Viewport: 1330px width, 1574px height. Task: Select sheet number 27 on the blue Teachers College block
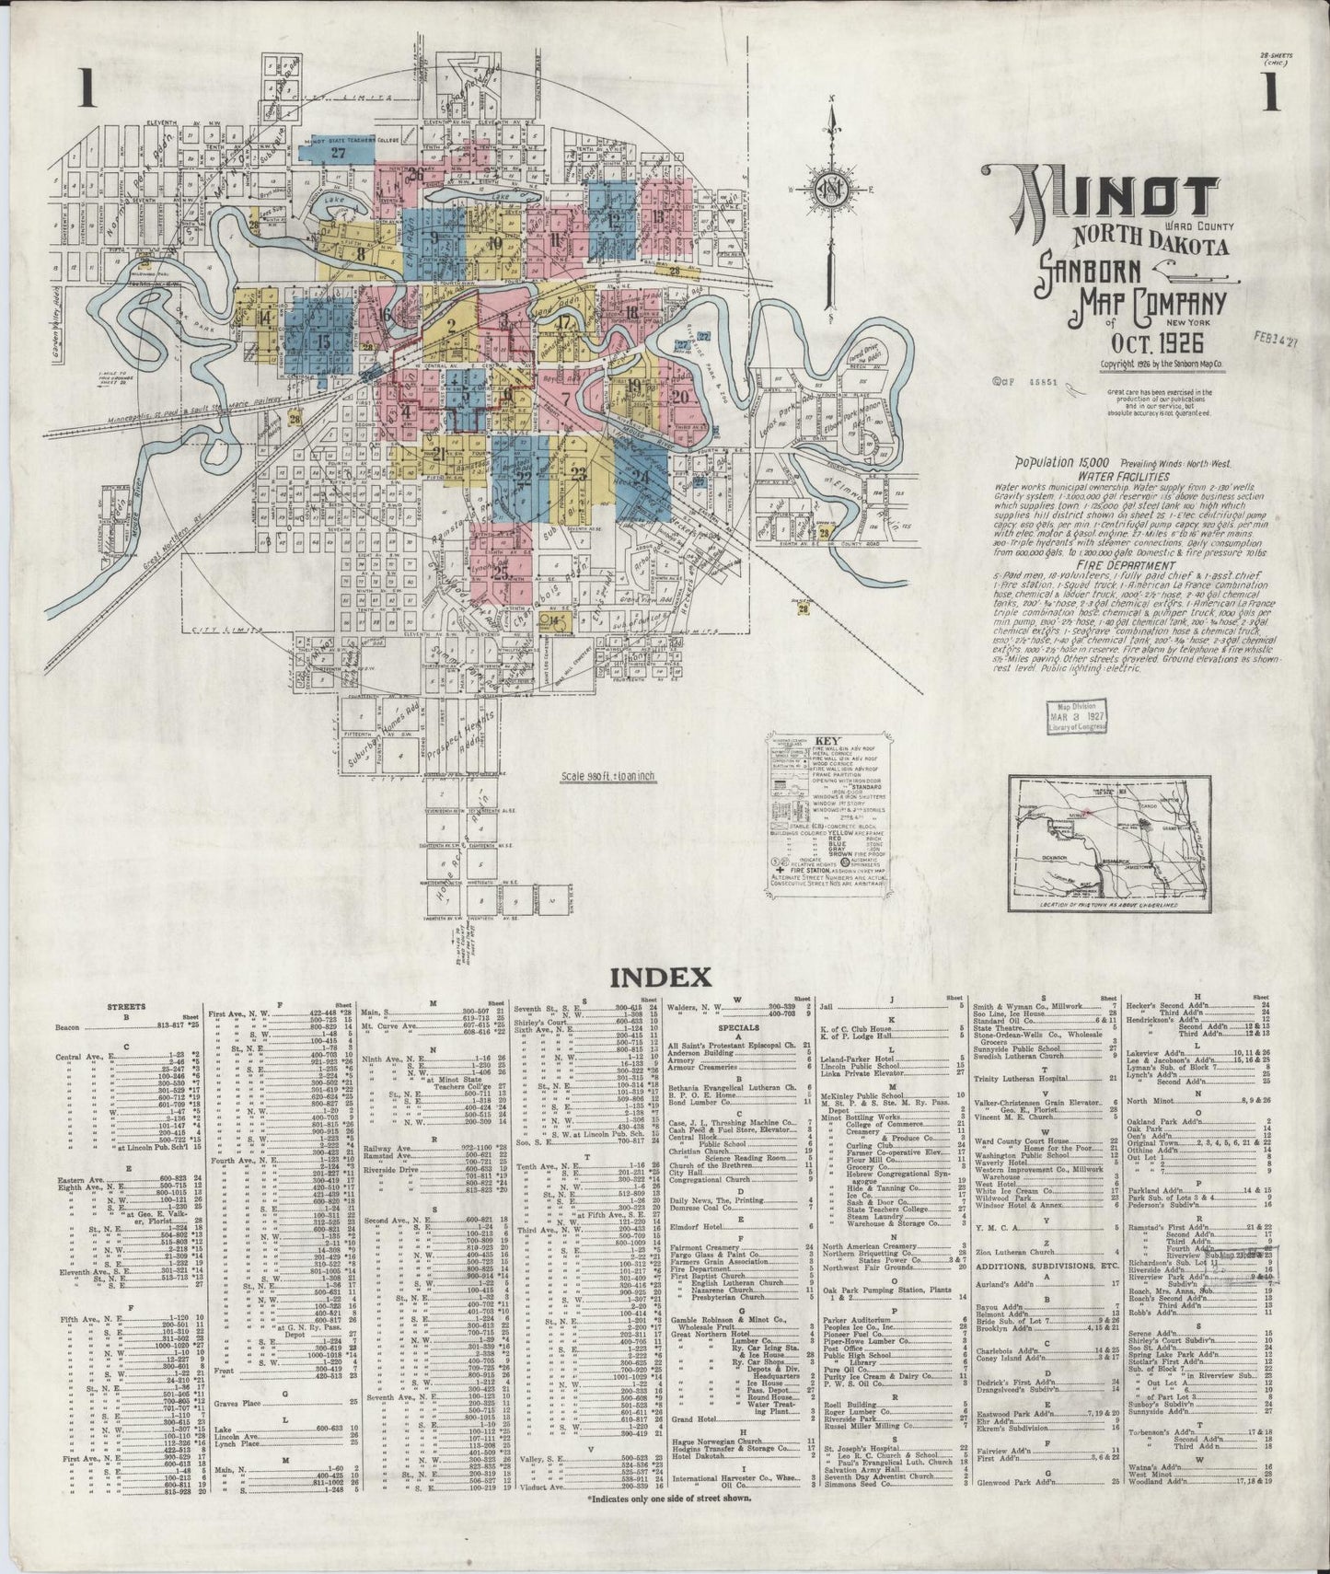[338, 153]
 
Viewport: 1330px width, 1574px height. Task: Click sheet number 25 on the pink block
[502, 570]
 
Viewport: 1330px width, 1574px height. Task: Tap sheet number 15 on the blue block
[323, 341]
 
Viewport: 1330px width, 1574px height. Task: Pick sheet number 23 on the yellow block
[579, 474]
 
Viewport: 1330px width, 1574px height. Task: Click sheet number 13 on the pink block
[657, 218]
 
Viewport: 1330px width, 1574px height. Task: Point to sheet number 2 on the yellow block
[452, 323]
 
